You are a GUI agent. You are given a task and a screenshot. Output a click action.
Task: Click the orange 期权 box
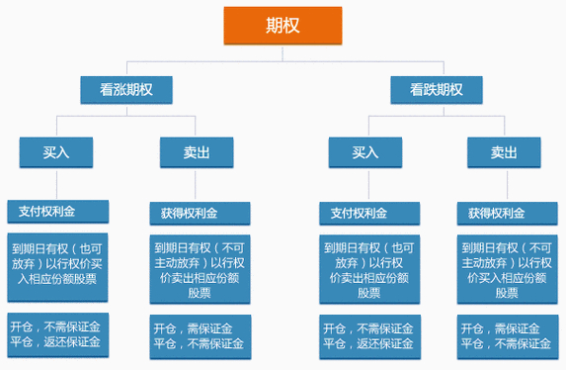283,24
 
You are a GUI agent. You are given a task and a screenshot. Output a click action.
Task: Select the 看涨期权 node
127,90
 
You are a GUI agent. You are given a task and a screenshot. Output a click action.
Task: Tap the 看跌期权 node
440,90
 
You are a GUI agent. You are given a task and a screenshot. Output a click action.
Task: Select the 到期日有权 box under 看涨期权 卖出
199,266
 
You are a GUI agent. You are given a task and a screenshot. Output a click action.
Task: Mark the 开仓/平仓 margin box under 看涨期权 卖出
199,335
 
